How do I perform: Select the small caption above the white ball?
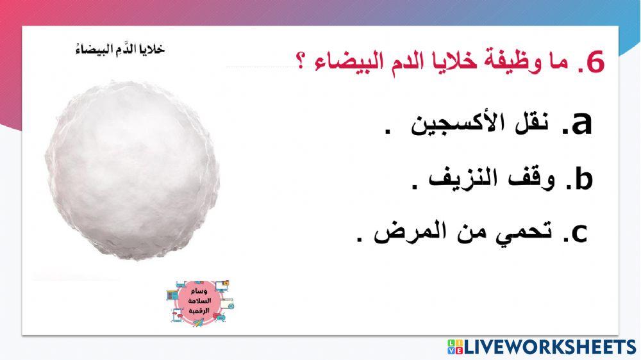[x=117, y=49]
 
